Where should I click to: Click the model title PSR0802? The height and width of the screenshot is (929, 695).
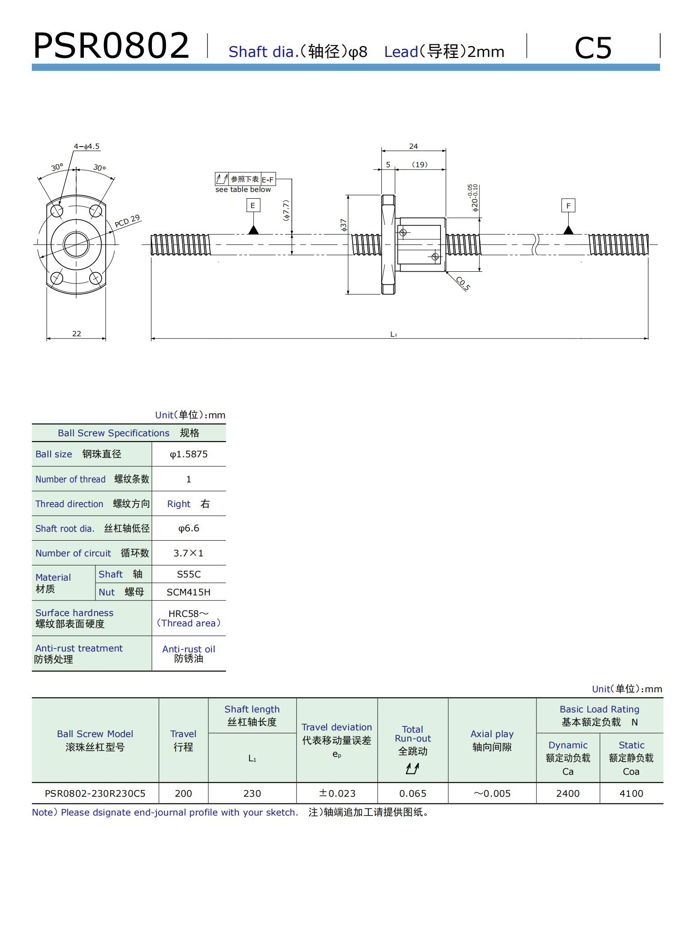(111, 46)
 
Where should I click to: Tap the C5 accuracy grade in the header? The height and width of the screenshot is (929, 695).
(592, 48)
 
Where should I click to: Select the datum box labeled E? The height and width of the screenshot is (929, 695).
(253, 205)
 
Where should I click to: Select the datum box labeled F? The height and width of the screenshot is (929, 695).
(568, 206)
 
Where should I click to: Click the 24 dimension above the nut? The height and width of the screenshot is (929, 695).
(413, 146)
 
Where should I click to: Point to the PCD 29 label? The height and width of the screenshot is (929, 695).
(127, 221)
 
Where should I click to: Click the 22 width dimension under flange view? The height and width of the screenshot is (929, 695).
(77, 334)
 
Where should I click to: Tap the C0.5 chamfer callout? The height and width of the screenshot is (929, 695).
(463, 284)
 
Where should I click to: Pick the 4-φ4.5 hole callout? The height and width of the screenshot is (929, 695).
(86, 147)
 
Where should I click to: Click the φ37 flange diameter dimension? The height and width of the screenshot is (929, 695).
(344, 225)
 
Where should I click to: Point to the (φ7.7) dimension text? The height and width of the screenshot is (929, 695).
(286, 210)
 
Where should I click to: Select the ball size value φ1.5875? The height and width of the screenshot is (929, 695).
(189, 454)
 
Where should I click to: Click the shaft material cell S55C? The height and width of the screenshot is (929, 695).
(189, 574)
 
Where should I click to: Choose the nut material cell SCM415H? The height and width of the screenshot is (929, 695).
(189, 592)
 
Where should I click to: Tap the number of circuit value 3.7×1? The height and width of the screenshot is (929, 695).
(189, 553)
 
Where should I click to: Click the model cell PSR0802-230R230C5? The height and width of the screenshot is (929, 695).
(95, 794)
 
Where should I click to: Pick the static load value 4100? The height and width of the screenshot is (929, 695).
(631, 794)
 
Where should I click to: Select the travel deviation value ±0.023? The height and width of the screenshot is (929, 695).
(337, 794)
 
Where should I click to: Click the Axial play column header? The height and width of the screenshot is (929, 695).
(492, 740)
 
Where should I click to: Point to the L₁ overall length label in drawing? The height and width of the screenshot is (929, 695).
(393, 334)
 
